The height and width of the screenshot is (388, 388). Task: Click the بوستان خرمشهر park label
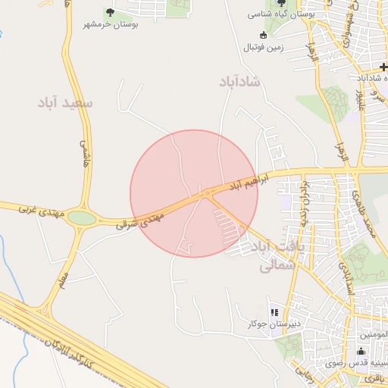click(x=111, y=25)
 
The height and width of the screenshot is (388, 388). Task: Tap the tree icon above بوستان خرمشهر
click(x=110, y=12)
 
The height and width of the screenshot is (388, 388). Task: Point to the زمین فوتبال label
click(x=263, y=47)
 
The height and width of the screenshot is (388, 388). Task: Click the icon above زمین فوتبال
click(x=263, y=35)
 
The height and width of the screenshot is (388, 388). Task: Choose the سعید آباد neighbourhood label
click(x=67, y=102)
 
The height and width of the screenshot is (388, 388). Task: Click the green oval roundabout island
click(x=82, y=219)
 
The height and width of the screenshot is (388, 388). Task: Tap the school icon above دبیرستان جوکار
click(x=274, y=312)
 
